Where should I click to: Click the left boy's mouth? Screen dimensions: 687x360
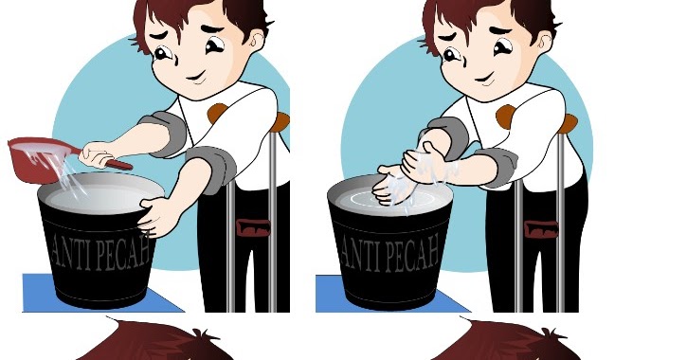tap(197, 79)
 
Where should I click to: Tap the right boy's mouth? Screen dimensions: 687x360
tap(485, 80)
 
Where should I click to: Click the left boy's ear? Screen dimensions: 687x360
tap(257, 41)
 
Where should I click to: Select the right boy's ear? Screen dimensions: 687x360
tap(545, 43)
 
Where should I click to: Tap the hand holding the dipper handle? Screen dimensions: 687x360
tap(99, 154)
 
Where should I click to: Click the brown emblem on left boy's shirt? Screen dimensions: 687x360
tap(217, 113)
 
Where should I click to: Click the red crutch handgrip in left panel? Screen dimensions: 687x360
tap(253, 227)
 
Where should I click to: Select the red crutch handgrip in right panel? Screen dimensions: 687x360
tap(541, 229)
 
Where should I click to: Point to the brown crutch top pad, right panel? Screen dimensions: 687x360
tap(568, 123)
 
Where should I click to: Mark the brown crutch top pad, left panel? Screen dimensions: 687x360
tap(280, 122)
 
